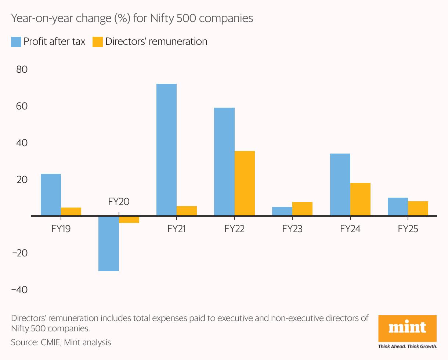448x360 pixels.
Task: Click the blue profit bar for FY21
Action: click(166, 150)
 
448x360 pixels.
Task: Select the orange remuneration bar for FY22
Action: click(245, 183)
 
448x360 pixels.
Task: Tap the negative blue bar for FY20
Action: click(108, 243)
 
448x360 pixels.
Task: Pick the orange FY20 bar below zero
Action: click(129, 219)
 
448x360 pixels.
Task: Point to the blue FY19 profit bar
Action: click(51, 194)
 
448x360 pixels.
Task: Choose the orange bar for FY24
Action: click(360, 199)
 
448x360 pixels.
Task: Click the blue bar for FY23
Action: click(282, 211)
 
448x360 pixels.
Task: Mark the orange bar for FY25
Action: click(418, 208)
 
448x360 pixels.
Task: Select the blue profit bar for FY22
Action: click(224, 161)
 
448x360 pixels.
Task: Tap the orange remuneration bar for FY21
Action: click(187, 211)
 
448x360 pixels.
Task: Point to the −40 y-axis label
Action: click(19, 290)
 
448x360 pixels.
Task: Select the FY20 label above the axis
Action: click(119, 202)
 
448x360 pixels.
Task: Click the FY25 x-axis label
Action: click(408, 229)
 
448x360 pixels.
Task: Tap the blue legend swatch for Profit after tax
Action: click(16, 42)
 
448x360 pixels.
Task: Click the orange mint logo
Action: click(408, 328)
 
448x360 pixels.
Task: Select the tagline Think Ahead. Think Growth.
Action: click(408, 346)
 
